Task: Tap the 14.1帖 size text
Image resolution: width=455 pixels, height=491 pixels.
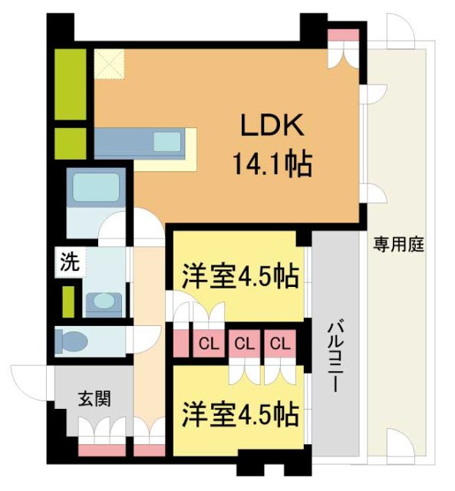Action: tap(272, 163)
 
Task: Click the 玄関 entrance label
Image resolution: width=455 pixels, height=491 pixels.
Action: tap(94, 399)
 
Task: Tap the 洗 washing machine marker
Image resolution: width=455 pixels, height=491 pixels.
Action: tap(70, 262)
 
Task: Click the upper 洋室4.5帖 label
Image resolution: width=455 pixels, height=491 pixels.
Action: tap(240, 276)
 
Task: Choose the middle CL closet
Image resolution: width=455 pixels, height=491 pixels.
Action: tap(244, 343)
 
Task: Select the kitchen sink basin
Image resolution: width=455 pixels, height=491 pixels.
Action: tap(167, 142)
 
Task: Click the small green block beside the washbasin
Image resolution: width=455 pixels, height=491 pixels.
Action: tap(68, 301)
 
